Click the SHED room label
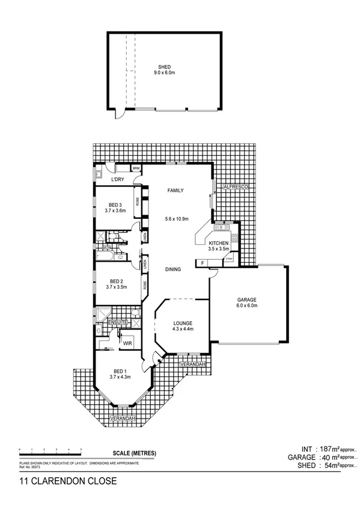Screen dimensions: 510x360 [164, 67]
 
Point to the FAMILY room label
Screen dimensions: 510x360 [174, 191]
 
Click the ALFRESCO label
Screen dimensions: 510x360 [235, 188]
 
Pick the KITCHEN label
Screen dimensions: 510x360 [219, 243]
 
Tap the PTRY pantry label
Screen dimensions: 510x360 [229, 259]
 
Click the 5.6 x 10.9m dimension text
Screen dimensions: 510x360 [177, 218]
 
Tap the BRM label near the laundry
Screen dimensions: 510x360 [128, 168]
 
